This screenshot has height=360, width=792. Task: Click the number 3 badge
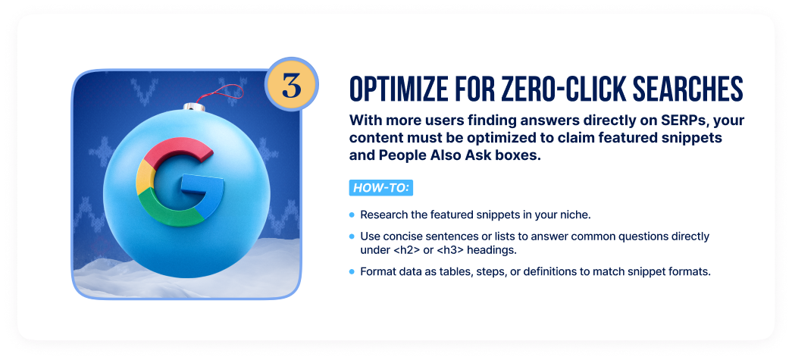tap(292, 84)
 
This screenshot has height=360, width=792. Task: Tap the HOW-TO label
tap(381, 188)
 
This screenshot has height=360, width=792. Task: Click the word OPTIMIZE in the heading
tap(412, 90)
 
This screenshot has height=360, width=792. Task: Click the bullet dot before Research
tap(352, 215)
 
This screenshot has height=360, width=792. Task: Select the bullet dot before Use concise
tap(352, 236)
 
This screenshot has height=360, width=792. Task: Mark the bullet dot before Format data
tap(352, 271)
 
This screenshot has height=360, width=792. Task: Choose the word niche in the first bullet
tap(574, 215)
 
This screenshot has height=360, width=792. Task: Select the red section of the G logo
tap(180, 151)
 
